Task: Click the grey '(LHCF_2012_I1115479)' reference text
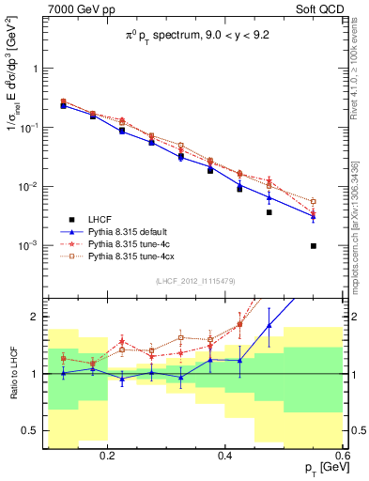tap(202, 281)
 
